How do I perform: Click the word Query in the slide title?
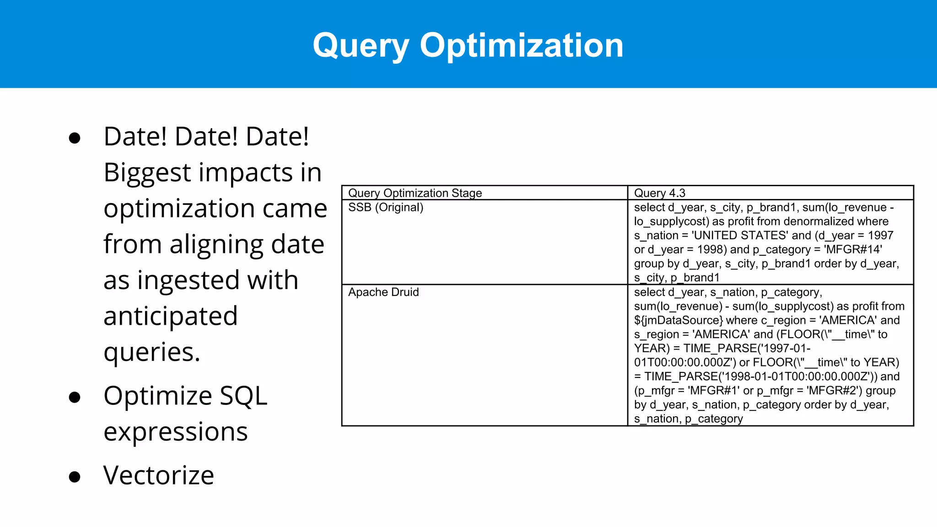coord(361,46)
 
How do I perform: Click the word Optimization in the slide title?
coord(522,46)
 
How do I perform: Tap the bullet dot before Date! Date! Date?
coord(75,138)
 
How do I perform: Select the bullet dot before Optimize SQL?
coord(75,397)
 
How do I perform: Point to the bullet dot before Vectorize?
coord(75,477)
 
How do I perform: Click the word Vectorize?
coord(158,475)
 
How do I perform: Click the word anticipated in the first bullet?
coord(170,316)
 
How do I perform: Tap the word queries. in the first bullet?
coord(152,352)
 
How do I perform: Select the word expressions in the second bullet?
coord(175,432)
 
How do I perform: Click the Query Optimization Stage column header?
coord(415,193)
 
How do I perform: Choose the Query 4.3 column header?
coord(659,193)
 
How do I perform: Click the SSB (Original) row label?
coord(385,207)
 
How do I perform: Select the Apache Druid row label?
coord(383,292)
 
